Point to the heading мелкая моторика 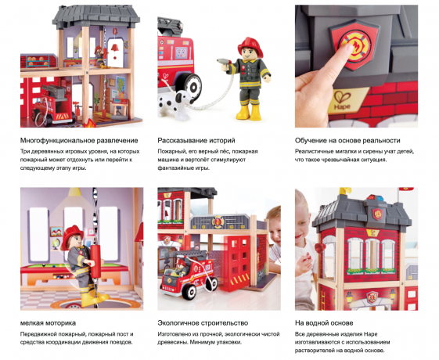[48, 322]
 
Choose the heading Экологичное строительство [203, 322]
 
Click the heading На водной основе [324, 322]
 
